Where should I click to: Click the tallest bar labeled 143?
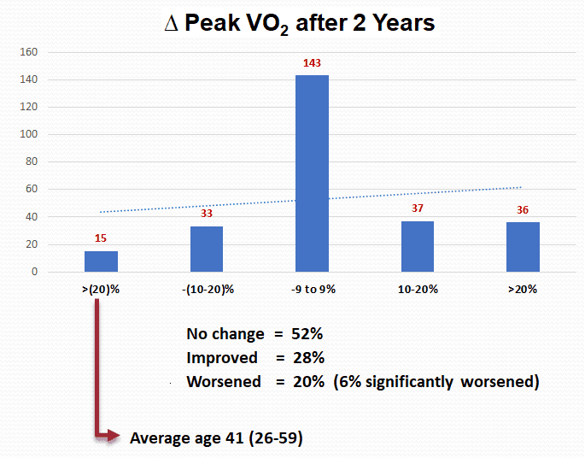(x=312, y=173)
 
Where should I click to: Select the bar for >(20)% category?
(x=101, y=261)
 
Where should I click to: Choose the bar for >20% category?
(x=523, y=247)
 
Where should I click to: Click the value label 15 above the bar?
(x=101, y=240)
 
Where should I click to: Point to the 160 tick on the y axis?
(x=30, y=52)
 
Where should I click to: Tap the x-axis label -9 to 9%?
(x=312, y=289)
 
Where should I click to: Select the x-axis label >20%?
(x=523, y=289)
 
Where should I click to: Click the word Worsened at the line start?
(x=224, y=382)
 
